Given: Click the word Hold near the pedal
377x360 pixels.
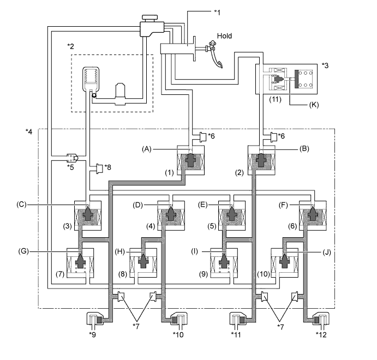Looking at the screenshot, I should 224,36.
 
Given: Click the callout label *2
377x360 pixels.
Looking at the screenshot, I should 70,46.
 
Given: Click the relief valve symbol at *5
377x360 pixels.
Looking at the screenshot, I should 71,158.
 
